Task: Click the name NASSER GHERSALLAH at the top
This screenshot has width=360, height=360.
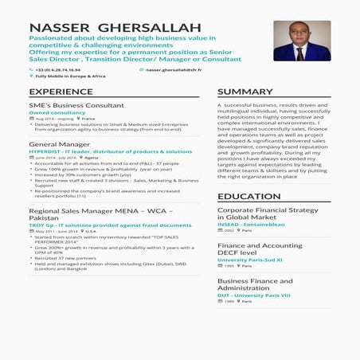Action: [115, 29]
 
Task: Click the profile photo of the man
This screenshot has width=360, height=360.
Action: [301, 41]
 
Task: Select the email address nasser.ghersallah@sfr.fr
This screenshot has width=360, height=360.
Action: [173, 69]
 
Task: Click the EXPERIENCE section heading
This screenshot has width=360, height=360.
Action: [61, 92]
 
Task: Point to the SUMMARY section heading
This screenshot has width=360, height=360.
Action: [245, 92]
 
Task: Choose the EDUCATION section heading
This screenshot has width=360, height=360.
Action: [249, 196]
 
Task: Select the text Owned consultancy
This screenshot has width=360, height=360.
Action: [57, 112]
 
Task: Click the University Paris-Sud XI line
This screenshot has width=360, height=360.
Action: [251, 260]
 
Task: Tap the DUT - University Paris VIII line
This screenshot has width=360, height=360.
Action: [254, 295]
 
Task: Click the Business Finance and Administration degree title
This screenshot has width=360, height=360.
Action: [255, 284]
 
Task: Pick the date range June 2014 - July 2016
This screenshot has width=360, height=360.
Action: [55, 158]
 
